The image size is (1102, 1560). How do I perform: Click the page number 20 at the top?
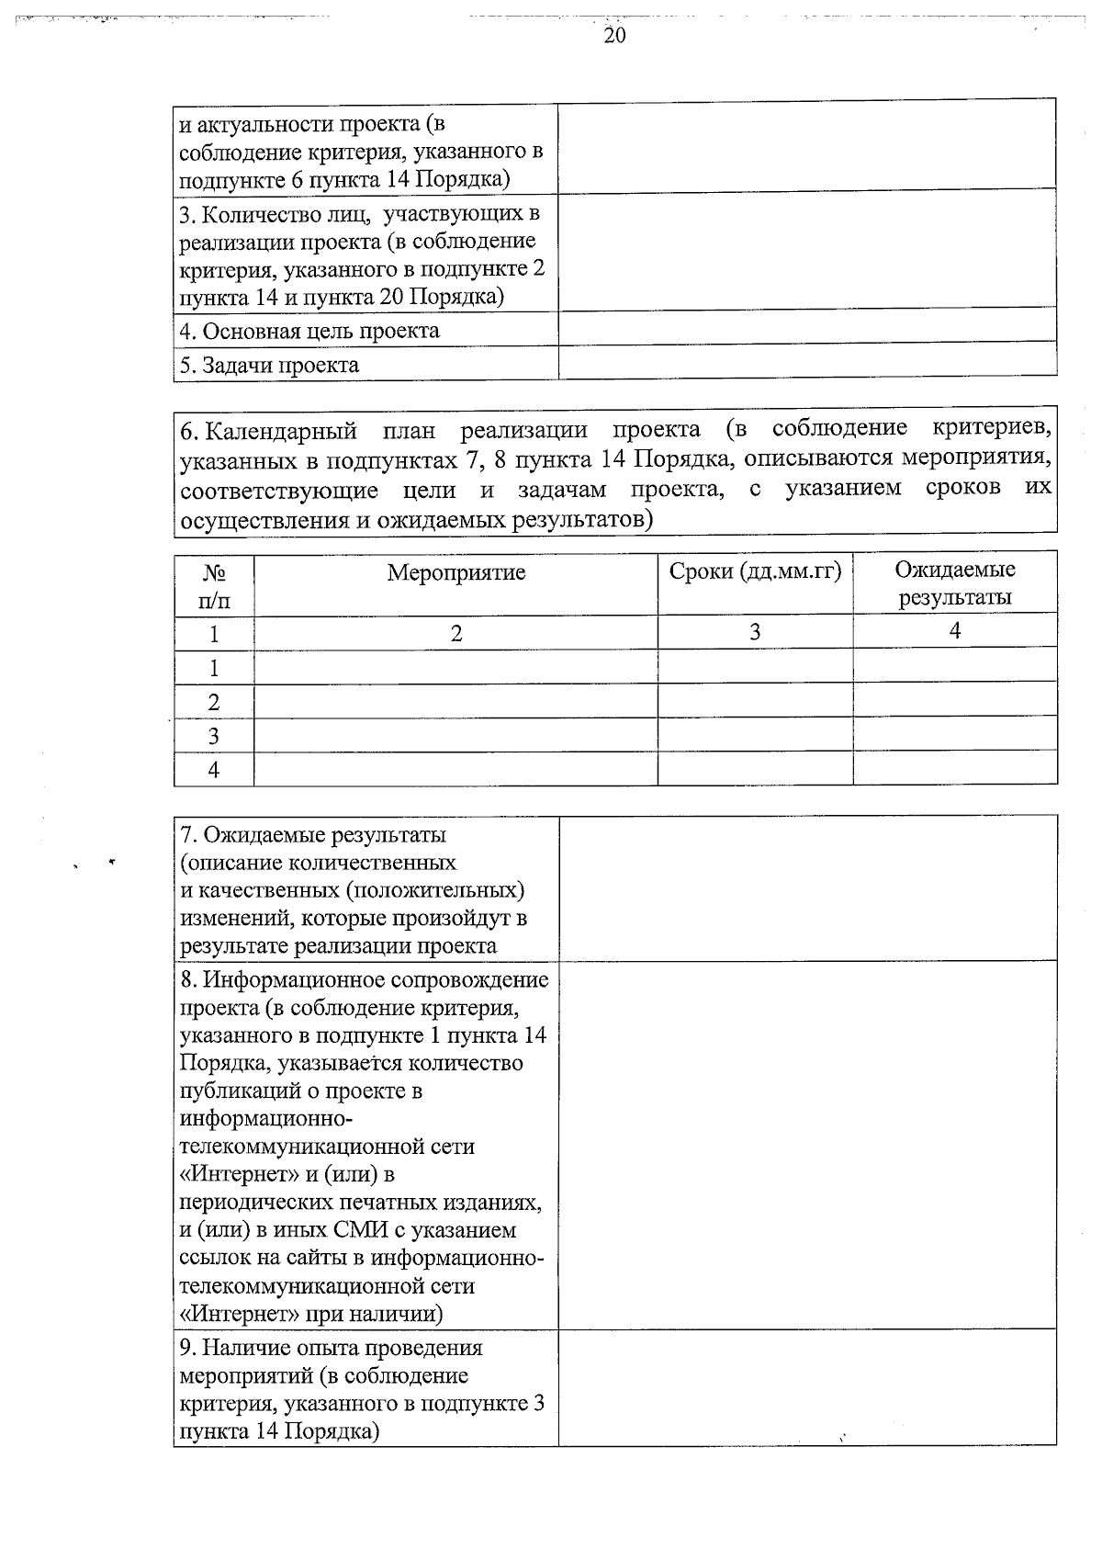coord(614,36)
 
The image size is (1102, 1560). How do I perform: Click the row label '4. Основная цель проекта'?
coord(309,331)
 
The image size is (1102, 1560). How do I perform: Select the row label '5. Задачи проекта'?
coord(269,366)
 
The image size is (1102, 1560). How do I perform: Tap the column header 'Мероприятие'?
coord(455,573)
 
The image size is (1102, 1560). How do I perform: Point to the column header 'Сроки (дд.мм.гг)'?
coord(755,571)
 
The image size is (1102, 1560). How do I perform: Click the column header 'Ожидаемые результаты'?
coord(954,583)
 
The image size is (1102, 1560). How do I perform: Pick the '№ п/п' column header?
coord(214,586)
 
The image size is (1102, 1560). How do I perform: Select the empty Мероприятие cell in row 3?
coord(455,736)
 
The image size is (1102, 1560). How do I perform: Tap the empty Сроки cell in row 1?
coord(755,666)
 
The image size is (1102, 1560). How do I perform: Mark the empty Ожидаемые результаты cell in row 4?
coord(954,769)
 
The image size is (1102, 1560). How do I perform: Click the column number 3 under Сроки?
coord(755,632)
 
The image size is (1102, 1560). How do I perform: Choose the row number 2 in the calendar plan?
coord(214,702)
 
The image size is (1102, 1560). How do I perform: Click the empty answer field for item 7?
coord(806,888)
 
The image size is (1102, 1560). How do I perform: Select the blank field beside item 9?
coord(806,1386)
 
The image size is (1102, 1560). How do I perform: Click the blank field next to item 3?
coord(806,252)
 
